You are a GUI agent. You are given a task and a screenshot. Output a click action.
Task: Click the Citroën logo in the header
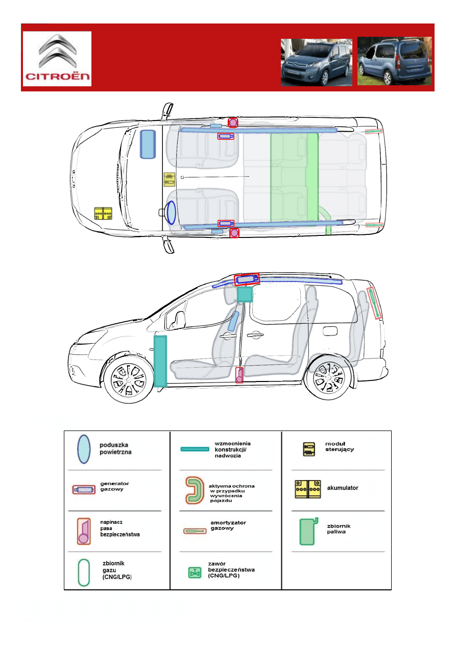(57, 58)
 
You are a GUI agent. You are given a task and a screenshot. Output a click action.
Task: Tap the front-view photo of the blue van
(316, 62)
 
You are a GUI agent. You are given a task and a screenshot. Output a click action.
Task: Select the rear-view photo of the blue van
(394, 61)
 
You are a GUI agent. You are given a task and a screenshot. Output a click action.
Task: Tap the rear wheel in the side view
(328, 381)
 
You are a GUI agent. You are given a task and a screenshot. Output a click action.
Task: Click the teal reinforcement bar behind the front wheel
(160, 360)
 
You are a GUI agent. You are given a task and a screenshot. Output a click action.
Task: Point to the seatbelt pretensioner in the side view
(239, 375)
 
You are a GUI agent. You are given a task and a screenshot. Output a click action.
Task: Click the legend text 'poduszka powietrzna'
(115, 447)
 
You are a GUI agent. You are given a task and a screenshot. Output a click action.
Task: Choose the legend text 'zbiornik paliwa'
(339, 529)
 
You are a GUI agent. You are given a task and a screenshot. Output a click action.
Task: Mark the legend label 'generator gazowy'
(114, 486)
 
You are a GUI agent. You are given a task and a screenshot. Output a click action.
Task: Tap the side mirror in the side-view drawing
(179, 320)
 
